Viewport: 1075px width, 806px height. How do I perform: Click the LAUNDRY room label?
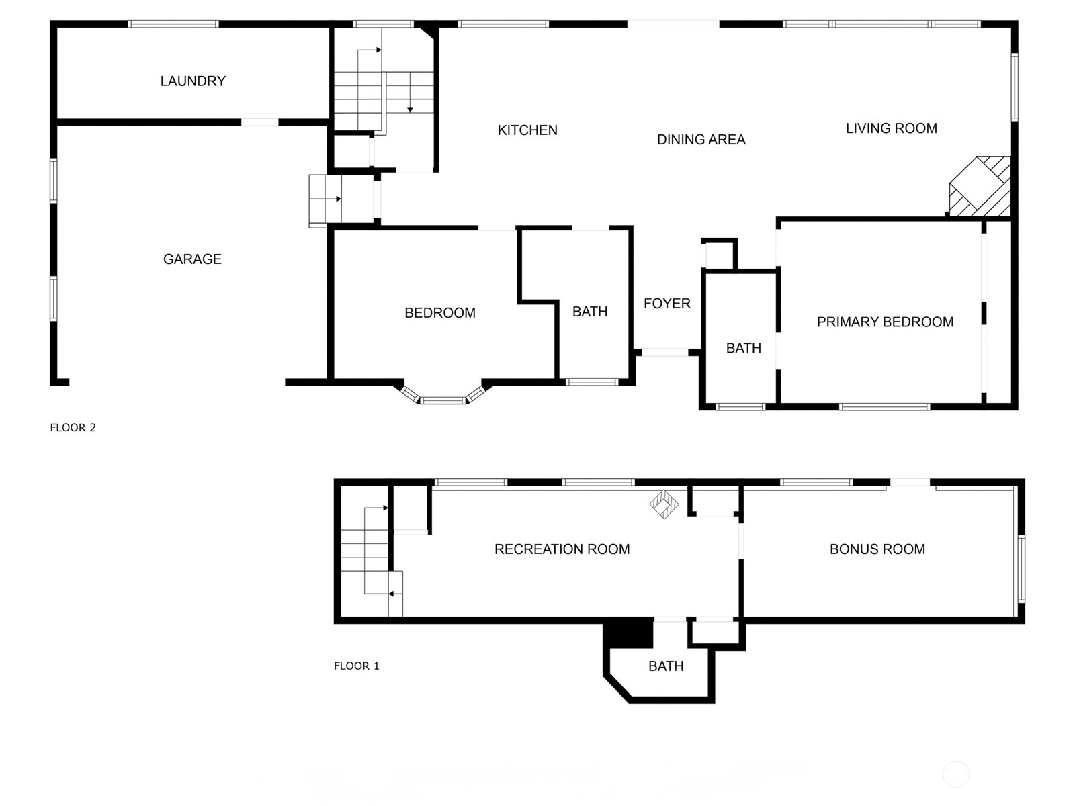click(193, 81)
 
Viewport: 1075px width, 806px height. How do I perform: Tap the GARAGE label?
click(192, 259)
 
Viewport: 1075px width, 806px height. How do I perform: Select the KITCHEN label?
click(527, 130)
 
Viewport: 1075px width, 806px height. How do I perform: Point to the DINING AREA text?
click(701, 140)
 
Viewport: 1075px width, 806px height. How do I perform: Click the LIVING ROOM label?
click(892, 128)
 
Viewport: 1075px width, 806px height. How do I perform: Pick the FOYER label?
click(667, 304)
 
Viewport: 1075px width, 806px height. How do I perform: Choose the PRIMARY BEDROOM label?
click(885, 322)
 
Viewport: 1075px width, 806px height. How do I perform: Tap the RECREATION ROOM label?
click(562, 549)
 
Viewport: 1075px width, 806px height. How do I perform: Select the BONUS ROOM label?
click(877, 549)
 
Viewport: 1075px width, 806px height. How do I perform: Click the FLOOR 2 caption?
click(73, 428)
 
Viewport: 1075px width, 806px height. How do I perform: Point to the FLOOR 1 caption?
click(357, 666)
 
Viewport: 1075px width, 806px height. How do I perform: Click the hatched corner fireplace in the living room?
click(980, 187)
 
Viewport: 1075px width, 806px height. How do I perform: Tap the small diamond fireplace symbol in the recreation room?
click(664, 504)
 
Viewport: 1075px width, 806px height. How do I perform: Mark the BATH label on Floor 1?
click(666, 666)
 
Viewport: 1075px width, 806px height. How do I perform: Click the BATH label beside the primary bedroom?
click(744, 349)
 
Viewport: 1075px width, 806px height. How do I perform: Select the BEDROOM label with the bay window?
click(440, 313)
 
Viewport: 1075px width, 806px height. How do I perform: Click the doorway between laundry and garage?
click(259, 122)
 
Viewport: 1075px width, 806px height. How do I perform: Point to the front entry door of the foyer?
click(665, 353)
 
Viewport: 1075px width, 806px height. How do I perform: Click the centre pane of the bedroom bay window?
click(443, 401)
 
